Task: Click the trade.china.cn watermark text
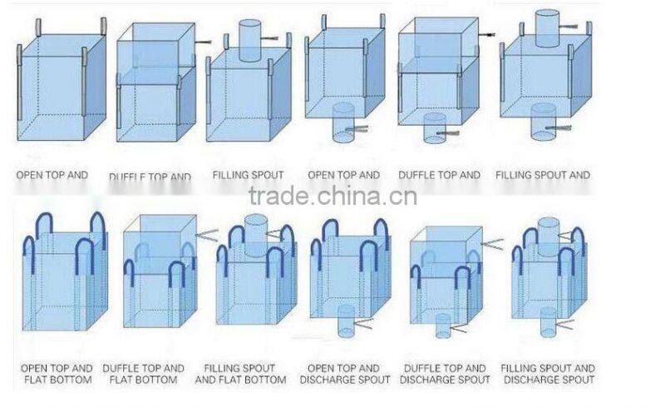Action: pos(332,197)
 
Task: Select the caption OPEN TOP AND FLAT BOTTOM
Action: pos(57,373)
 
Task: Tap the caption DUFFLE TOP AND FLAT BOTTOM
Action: pos(144,373)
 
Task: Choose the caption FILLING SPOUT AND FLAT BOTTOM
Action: pos(240,373)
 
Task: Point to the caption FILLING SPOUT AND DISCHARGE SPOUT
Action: pos(548,373)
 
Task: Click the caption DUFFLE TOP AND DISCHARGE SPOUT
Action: pos(444,373)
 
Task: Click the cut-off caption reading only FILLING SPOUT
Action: pos(248,175)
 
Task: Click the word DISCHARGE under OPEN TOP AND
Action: pos(344,380)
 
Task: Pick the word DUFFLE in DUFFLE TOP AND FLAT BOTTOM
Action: pos(121,367)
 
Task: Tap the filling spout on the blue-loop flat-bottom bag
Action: pos(257,230)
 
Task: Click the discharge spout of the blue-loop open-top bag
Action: pos(346,321)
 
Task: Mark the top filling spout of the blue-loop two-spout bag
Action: pos(548,231)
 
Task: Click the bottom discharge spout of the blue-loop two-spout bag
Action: pos(548,321)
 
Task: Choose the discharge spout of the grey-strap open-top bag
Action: pos(343,122)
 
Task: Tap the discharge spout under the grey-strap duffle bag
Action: pos(435,127)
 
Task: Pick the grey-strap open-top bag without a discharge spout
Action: pos(62,83)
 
